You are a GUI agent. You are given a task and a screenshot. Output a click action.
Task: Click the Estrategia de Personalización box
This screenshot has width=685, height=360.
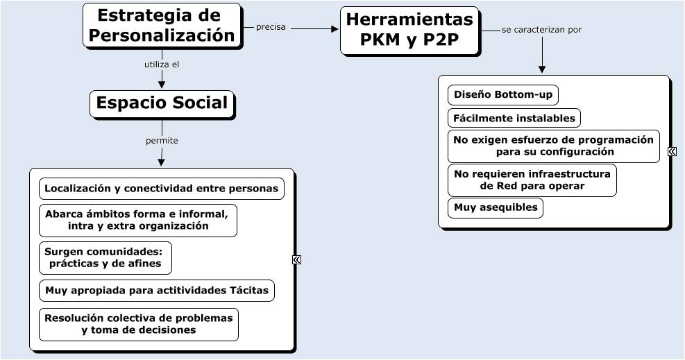162,26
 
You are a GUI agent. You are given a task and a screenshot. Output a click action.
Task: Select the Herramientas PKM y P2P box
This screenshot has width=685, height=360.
409,30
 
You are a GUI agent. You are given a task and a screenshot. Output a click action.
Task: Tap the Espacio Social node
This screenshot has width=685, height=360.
162,103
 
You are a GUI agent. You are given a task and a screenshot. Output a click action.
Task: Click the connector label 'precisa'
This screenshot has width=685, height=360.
271,27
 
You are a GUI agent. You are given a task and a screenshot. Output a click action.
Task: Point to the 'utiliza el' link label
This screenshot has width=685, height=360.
162,65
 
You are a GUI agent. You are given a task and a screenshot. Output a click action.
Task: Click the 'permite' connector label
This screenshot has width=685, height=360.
162,140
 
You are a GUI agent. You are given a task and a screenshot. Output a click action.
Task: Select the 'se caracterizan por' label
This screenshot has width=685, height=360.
541,30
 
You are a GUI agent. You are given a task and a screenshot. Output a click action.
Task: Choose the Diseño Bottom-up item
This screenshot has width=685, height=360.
502,95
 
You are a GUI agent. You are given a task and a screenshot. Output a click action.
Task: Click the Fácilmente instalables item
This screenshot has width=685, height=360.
514,118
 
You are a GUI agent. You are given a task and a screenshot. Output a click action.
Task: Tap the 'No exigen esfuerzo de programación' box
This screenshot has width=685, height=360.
553,146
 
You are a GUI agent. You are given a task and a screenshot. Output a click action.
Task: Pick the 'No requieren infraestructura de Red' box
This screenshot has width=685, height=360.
532,180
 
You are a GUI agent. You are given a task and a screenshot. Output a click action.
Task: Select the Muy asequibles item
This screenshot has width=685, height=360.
495,207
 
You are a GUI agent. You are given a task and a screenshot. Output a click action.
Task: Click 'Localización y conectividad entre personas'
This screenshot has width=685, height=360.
162,188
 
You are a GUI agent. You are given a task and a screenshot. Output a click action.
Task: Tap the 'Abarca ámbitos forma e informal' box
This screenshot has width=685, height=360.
137,221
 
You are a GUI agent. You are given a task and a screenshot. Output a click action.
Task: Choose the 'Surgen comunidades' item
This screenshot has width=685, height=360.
105,257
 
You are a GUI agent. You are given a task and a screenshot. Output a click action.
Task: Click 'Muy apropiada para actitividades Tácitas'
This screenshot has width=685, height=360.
156,290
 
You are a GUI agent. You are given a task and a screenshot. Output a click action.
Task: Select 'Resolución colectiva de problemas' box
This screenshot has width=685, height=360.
138,324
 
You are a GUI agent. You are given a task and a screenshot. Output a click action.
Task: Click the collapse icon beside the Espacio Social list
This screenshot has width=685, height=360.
296,259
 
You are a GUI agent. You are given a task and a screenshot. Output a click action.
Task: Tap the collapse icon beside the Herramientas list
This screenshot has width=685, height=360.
672,151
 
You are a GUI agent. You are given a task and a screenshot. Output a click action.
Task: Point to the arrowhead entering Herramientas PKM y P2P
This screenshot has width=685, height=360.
334,29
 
